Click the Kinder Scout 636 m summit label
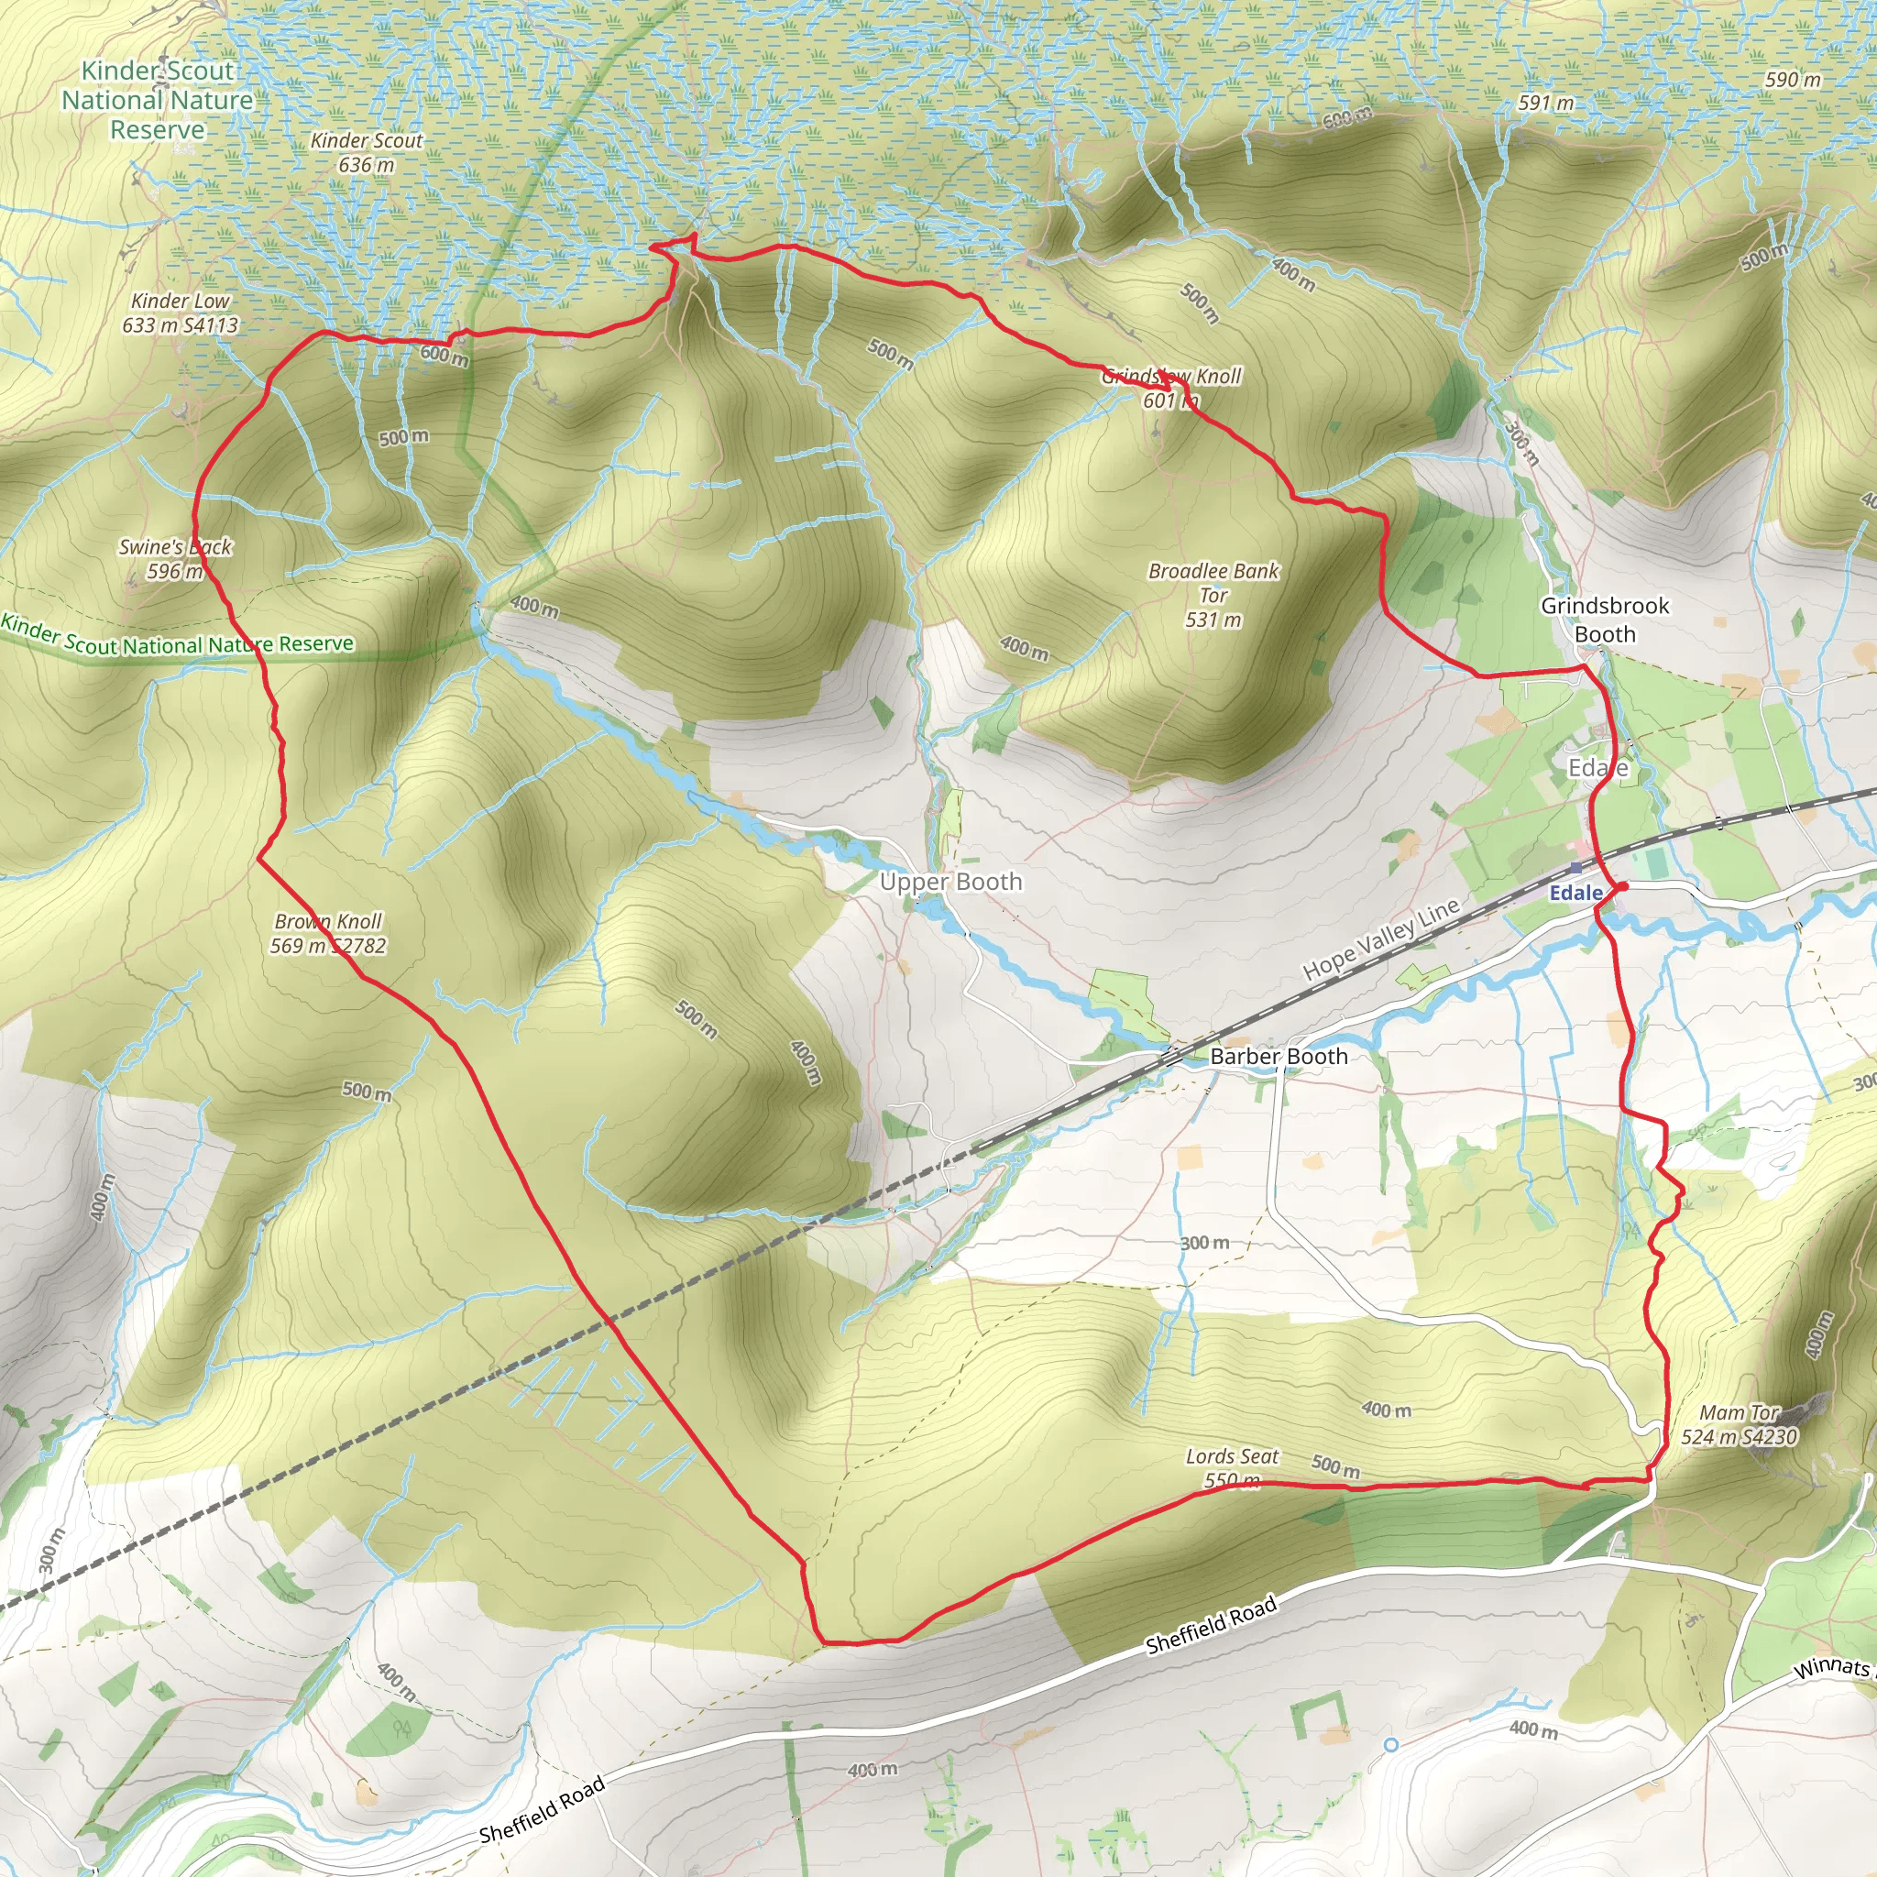[x=367, y=152]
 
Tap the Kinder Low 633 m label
[x=181, y=313]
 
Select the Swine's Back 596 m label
[x=175, y=559]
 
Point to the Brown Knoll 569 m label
[x=328, y=933]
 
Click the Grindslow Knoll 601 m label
[x=1170, y=388]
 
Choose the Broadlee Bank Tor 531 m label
[x=1213, y=595]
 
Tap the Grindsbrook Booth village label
[x=1605, y=620]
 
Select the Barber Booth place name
[x=1279, y=1056]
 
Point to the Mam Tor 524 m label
[x=1739, y=1424]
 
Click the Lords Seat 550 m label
[x=1232, y=1468]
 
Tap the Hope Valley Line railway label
[x=1380, y=938]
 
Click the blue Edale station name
[x=1575, y=893]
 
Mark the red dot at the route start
[x=1622, y=886]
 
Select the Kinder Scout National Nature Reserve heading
[x=158, y=99]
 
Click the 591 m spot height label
[x=1546, y=102]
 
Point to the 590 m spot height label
[x=1793, y=80]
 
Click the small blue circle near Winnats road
[x=1391, y=1745]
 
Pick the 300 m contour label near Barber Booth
[x=1204, y=1243]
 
